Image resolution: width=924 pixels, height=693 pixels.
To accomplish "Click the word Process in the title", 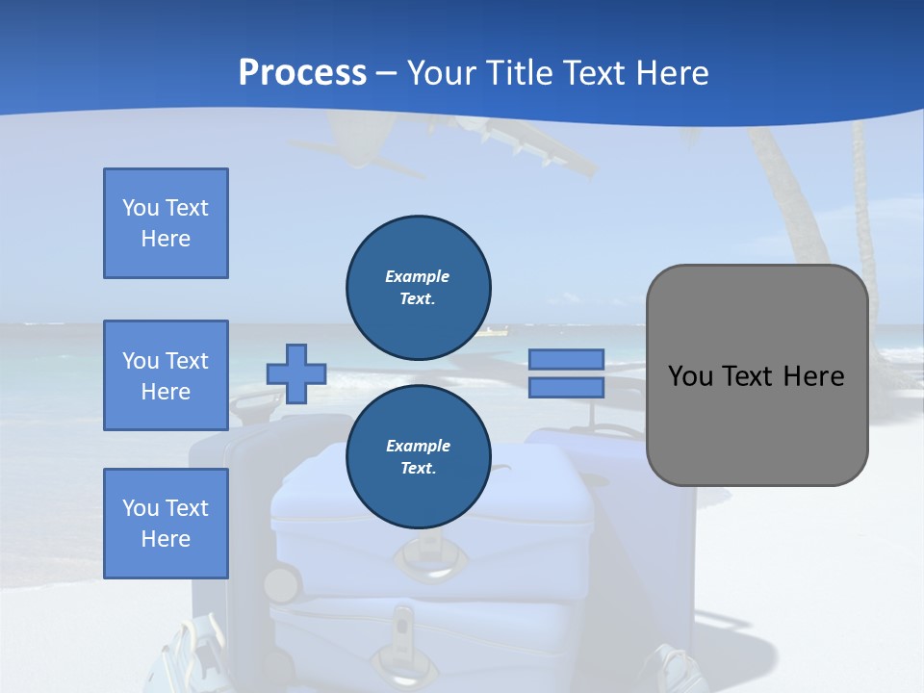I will (x=302, y=73).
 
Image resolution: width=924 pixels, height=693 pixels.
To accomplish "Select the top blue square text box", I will (x=166, y=223).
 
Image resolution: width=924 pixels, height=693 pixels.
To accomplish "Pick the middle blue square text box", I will (x=166, y=375).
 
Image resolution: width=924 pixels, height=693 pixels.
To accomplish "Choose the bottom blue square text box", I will (x=166, y=524).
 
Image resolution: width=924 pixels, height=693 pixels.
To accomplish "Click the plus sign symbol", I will (x=296, y=373).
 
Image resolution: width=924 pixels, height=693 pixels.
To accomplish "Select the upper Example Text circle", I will (x=419, y=287).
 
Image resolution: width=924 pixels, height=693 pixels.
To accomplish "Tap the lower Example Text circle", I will (x=419, y=457).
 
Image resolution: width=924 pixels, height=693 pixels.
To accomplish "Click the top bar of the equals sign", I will (x=567, y=360).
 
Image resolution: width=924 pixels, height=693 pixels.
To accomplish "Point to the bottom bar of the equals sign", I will (x=567, y=387).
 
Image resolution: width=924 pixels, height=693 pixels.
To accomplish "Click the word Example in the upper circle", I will (x=418, y=276).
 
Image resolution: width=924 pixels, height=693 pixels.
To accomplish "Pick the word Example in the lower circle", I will (x=418, y=446).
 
